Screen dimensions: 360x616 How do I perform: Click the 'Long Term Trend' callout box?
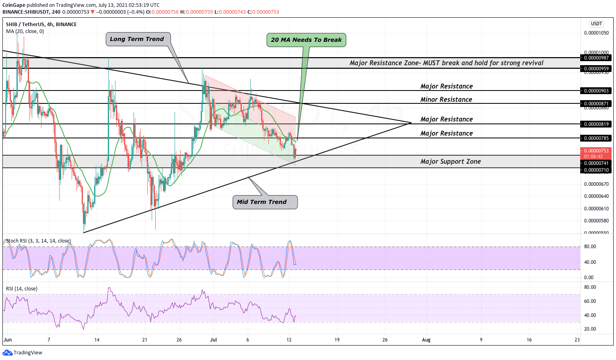137,39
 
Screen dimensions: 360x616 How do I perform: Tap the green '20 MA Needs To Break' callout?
306,40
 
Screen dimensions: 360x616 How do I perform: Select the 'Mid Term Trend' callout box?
265,202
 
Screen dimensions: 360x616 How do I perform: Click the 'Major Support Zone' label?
450,161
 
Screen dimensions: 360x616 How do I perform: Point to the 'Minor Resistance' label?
446,99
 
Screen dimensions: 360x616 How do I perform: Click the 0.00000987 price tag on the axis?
596,58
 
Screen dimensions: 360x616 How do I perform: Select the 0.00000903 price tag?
596,91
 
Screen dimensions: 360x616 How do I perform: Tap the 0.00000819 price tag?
596,124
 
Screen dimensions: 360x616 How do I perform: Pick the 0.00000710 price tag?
596,170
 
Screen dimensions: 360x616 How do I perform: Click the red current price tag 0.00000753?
596,151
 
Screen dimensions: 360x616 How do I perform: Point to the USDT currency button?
596,24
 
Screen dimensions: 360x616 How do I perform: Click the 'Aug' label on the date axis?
426,340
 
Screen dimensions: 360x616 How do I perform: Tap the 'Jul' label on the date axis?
213,340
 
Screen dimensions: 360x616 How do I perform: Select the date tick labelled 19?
337,340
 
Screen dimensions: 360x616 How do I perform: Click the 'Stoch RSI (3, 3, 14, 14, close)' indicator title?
38,241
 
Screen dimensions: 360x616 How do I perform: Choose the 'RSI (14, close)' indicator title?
22,289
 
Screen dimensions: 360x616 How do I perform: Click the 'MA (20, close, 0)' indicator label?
25,31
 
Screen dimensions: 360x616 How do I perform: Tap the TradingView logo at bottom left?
23,353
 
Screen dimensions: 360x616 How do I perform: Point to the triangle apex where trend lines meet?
411,123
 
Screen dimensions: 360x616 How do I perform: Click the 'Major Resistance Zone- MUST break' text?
446,63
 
